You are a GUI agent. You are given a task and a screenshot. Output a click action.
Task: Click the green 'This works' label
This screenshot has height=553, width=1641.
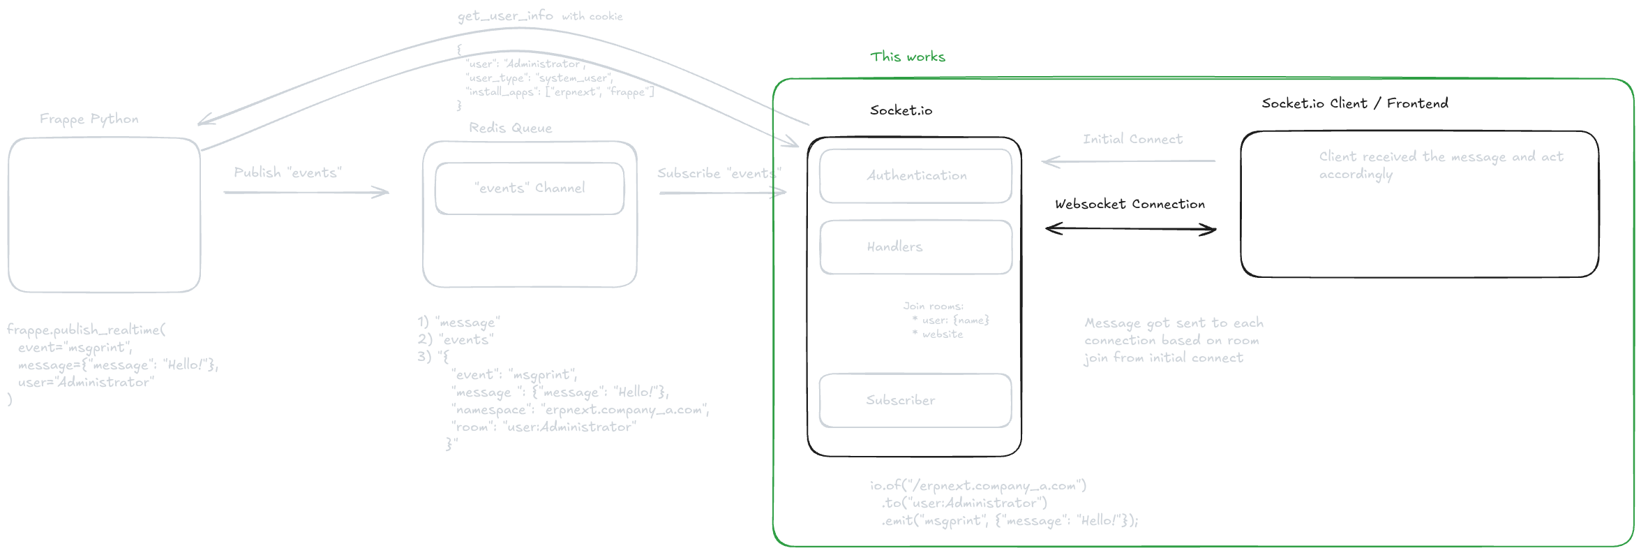(907, 57)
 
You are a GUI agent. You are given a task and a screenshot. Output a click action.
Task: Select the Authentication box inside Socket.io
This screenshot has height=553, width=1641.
(915, 176)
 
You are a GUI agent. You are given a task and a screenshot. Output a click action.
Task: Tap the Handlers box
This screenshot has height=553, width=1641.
(915, 247)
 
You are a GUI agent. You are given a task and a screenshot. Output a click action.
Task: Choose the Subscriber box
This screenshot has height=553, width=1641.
(915, 400)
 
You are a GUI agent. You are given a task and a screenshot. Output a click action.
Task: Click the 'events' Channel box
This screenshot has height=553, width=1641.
(530, 189)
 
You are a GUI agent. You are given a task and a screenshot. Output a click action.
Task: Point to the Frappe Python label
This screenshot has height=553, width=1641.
(89, 119)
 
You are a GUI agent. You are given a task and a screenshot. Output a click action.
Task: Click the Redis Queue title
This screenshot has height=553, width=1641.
(510, 128)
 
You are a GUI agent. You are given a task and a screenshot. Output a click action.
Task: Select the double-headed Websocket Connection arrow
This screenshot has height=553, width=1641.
(1130, 229)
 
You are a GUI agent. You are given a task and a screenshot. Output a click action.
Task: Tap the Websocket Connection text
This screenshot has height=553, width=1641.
(1130, 204)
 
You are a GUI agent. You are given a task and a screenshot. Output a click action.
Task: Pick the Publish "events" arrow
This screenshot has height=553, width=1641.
(306, 192)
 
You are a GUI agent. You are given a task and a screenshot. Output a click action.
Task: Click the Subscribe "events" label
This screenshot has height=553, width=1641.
(719, 173)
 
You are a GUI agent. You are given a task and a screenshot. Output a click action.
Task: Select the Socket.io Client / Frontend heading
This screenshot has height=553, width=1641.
(1354, 103)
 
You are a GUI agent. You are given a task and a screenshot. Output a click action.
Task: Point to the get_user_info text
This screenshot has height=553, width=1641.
(505, 15)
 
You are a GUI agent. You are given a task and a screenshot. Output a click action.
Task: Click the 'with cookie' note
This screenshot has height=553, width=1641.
(592, 16)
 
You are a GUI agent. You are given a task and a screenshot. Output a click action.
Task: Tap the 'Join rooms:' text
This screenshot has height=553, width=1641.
(933, 306)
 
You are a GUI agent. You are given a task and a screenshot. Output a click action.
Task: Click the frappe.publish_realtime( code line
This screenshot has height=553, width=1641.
(86, 330)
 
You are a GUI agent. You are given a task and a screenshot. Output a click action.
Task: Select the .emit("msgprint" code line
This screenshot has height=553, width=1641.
(1010, 521)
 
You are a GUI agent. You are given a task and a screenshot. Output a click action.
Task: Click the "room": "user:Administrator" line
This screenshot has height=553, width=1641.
(544, 427)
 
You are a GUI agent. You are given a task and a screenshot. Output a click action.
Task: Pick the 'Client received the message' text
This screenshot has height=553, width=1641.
(1441, 157)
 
